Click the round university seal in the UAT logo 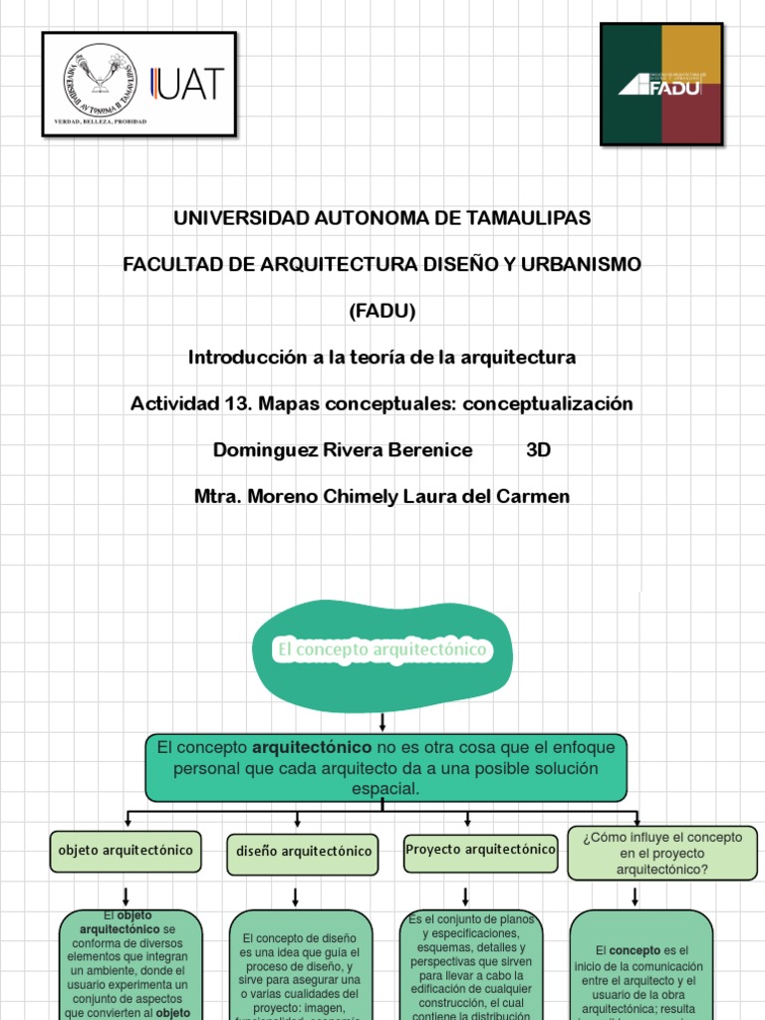(x=98, y=80)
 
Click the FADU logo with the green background (x=660, y=85)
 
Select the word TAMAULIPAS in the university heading (x=528, y=217)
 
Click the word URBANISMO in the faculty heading (x=584, y=264)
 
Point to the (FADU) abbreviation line (x=382, y=311)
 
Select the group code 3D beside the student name (x=538, y=450)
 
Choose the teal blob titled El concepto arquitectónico (x=382, y=650)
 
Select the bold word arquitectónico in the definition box (x=313, y=747)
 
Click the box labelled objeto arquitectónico (x=126, y=852)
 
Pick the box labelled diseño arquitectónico (x=303, y=853)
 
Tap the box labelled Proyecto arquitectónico (x=480, y=851)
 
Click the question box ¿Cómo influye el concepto (x=662, y=854)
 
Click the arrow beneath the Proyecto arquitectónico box (x=465, y=894)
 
